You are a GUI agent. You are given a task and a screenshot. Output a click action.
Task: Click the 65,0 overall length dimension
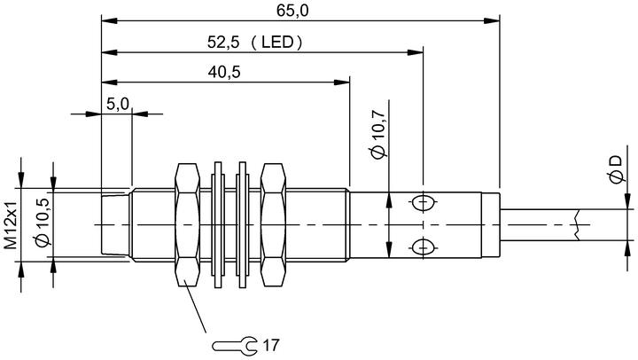(x=292, y=11)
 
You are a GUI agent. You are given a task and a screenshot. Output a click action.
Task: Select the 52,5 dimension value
(x=223, y=42)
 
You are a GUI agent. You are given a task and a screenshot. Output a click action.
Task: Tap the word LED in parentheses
(x=276, y=42)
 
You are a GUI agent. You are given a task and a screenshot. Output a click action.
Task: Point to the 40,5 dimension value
(x=224, y=72)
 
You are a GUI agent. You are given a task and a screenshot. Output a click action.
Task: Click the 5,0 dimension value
(x=118, y=105)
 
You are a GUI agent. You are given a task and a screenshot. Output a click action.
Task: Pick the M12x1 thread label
(x=11, y=225)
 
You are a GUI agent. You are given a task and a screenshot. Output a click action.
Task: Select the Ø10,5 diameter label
(x=43, y=223)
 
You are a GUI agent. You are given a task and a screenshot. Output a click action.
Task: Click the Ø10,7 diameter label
(x=378, y=135)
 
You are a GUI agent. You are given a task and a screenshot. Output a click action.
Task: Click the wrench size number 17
(x=271, y=345)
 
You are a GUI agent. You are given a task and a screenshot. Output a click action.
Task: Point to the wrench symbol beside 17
(x=235, y=345)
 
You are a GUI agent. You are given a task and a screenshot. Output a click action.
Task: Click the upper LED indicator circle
(x=424, y=203)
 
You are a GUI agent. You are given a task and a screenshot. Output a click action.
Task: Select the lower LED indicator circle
(x=424, y=247)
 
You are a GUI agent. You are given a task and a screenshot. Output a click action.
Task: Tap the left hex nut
(x=187, y=225)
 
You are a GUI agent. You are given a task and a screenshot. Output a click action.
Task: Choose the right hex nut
(x=273, y=225)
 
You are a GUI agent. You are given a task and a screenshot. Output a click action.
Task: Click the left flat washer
(x=218, y=225)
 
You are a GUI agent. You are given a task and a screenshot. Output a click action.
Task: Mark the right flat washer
(x=243, y=225)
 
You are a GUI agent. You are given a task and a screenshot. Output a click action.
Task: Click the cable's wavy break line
(x=577, y=225)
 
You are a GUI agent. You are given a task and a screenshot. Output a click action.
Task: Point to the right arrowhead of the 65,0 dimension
(x=492, y=20)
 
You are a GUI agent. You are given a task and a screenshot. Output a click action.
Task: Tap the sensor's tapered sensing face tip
(x=115, y=225)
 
